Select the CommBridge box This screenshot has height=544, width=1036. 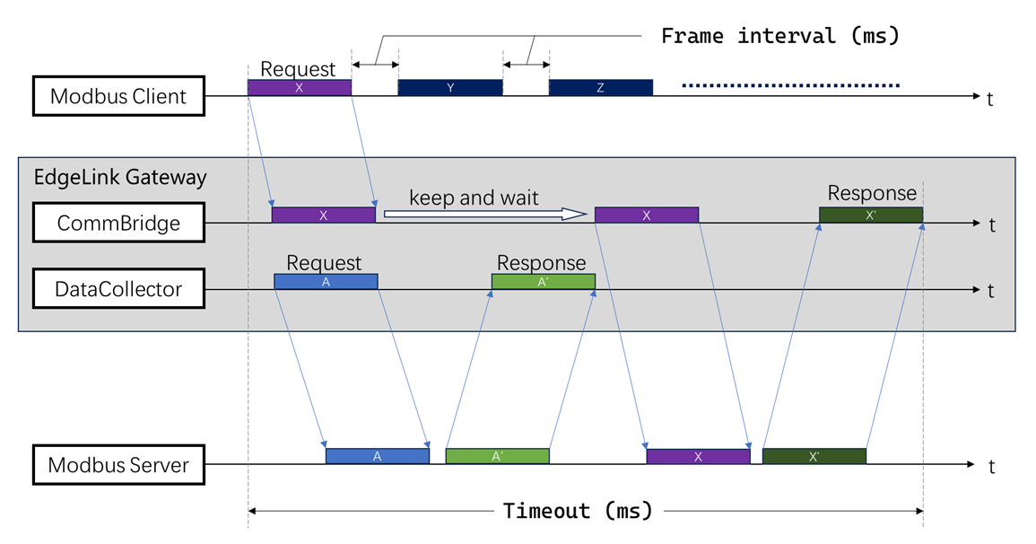[x=118, y=223]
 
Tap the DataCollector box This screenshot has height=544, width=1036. [x=118, y=289]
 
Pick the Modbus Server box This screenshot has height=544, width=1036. [x=118, y=465]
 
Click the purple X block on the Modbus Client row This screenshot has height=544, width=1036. [x=299, y=88]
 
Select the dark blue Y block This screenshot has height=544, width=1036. [x=450, y=88]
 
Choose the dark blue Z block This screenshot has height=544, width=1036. [x=600, y=88]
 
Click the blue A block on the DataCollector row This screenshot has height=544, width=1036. [x=326, y=282]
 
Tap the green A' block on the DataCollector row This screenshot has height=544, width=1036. [x=543, y=282]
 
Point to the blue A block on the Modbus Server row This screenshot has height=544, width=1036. [x=378, y=456]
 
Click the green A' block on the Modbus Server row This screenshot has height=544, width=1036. [x=497, y=456]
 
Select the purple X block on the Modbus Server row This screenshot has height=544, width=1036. [x=698, y=456]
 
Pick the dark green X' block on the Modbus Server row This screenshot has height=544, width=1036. [x=814, y=456]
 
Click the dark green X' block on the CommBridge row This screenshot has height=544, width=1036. [x=870, y=215]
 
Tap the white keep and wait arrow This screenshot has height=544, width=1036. [x=485, y=214]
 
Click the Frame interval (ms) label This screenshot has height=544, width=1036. [x=779, y=36]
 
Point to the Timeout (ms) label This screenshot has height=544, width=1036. [x=578, y=511]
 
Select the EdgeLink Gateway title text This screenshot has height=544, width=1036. [x=120, y=177]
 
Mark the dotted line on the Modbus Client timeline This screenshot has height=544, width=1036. [x=790, y=86]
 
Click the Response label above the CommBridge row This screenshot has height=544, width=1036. [x=872, y=193]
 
